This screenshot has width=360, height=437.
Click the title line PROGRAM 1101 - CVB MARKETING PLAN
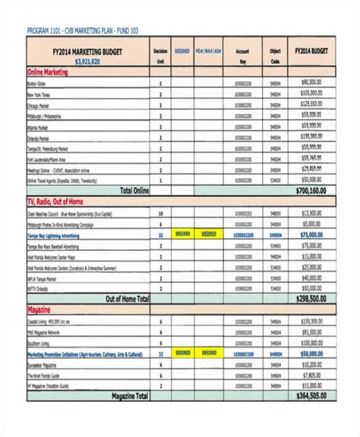coord(84,31)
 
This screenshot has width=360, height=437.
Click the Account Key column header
coord(243,55)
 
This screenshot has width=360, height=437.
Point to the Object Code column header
coord(275,55)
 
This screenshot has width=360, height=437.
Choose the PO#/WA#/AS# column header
coord(208,51)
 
